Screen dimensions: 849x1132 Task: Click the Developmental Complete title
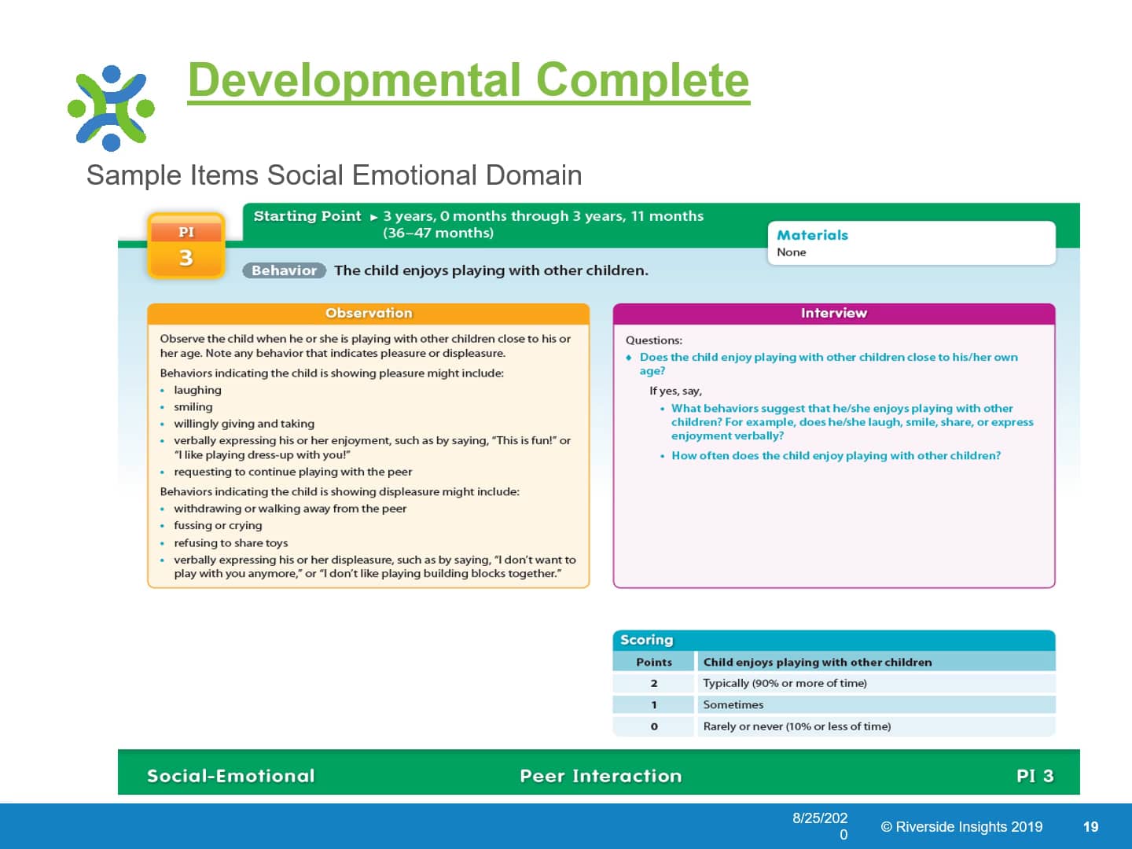(x=469, y=80)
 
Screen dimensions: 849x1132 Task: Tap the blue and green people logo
(x=111, y=108)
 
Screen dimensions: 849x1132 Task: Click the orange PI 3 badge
(x=186, y=246)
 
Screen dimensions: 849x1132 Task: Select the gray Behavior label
(x=284, y=270)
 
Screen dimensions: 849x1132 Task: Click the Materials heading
(x=812, y=235)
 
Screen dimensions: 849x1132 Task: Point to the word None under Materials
(x=791, y=252)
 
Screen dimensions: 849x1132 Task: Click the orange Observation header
(x=368, y=313)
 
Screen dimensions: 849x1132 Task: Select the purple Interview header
(x=833, y=313)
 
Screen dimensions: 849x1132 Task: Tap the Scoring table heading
(x=646, y=640)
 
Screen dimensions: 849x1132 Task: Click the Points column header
(x=653, y=662)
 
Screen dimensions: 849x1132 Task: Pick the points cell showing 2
(x=653, y=683)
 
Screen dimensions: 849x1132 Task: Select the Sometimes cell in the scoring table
(x=733, y=705)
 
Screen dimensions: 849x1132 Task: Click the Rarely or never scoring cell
(x=796, y=726)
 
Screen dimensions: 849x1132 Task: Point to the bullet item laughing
(x=197, y=390)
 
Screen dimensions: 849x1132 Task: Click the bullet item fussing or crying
(x=218, y=525)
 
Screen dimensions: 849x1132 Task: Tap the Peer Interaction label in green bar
(x=601, y=776)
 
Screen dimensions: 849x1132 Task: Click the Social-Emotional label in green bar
(x=230, y=776)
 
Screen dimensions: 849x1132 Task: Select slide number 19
(x=1090, y=826)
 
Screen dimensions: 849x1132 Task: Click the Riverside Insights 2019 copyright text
(x=961, y=826)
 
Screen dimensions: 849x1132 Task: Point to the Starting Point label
(x=307, y=216)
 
